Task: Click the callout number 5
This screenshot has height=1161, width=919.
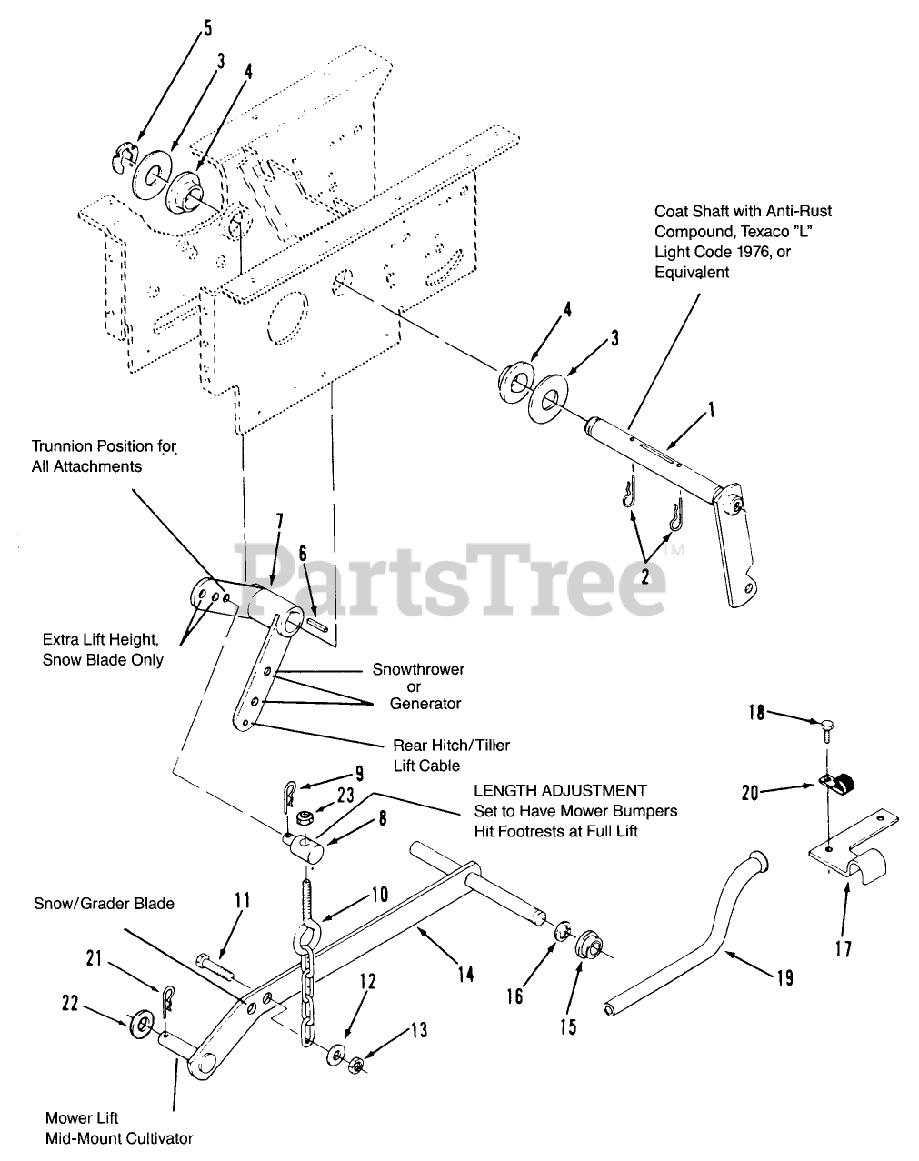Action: point(207,28)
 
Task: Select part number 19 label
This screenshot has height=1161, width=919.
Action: point(784,977)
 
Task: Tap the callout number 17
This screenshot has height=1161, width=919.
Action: point(843,949)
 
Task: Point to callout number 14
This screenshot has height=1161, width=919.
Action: point(465,975)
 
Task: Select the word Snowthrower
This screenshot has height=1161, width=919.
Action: point(418,669)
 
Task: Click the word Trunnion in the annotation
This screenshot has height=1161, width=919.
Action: point(63,446)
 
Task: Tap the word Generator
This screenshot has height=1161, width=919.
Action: point(425,703)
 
